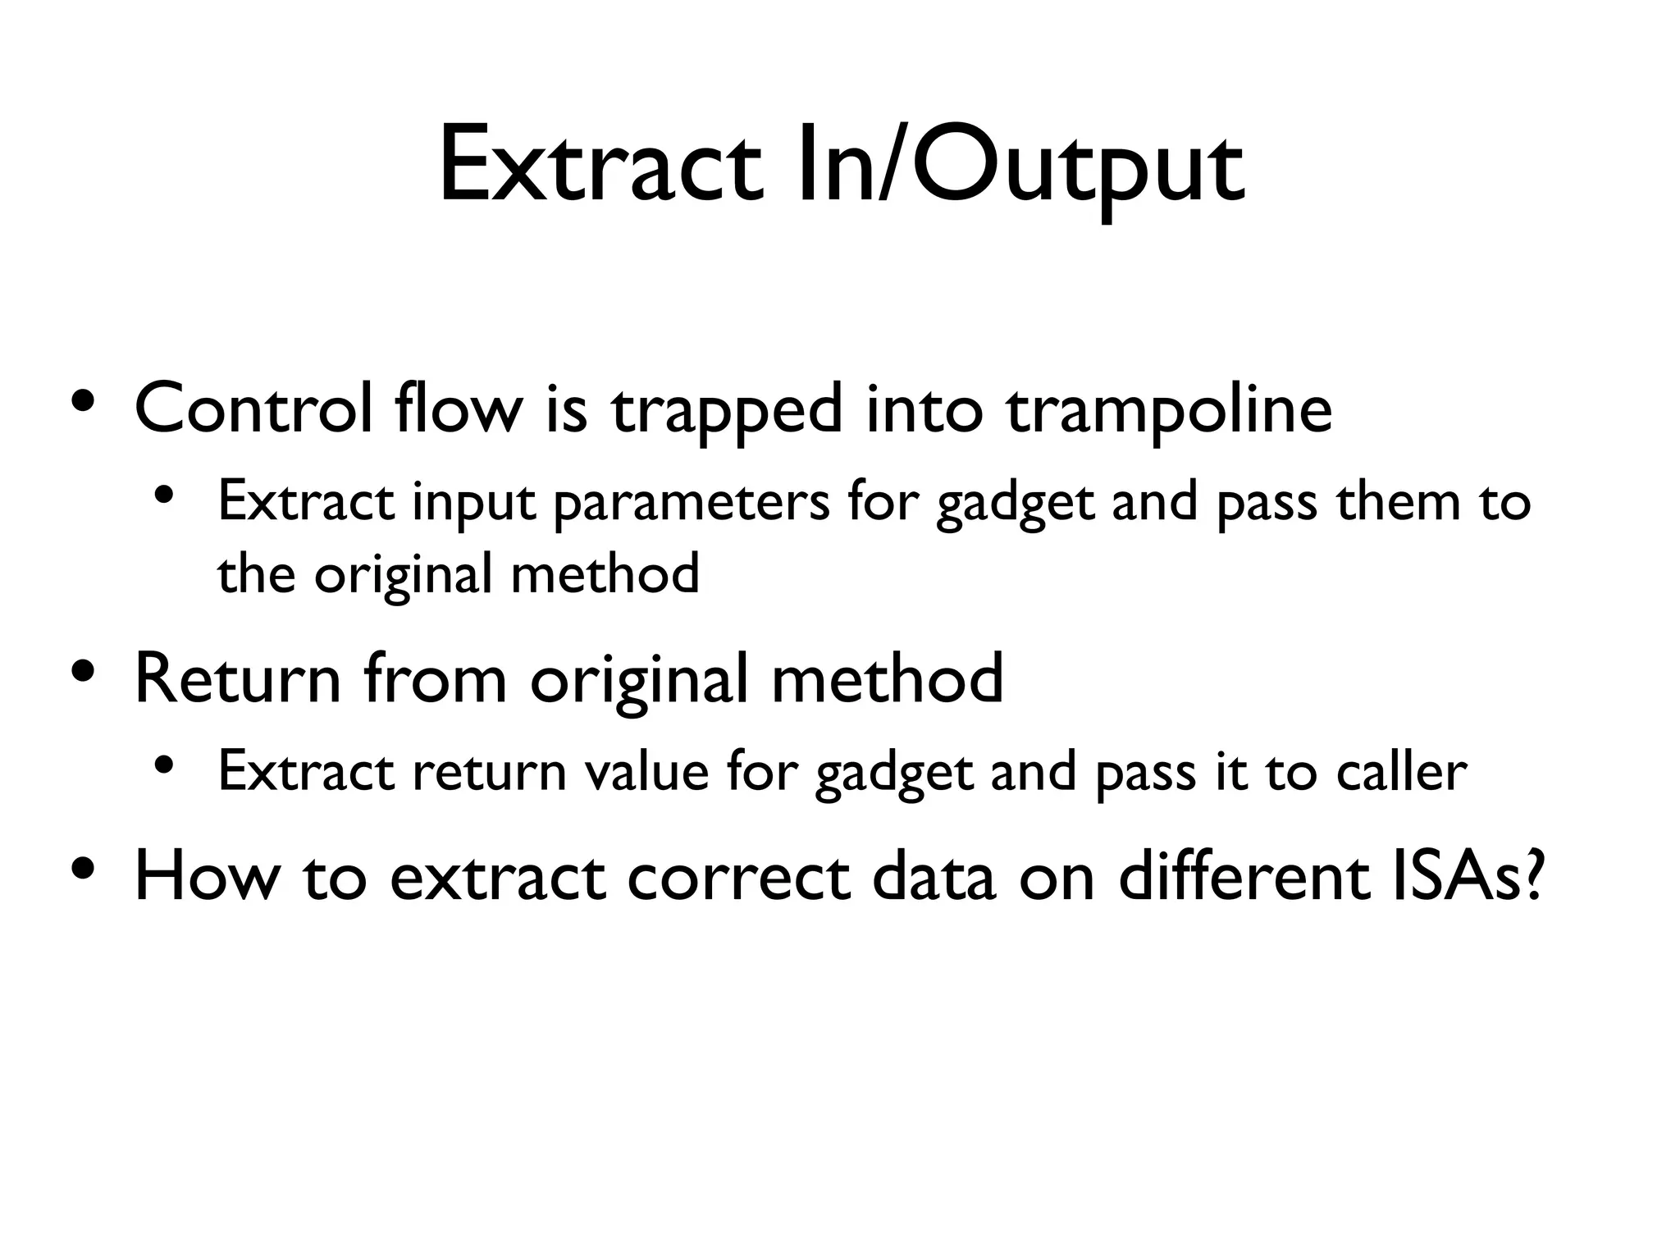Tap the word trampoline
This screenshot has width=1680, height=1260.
[1169, 409]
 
